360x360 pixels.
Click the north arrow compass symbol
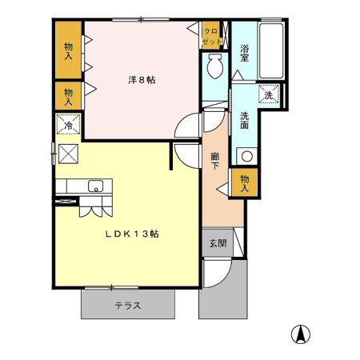click(301, 334)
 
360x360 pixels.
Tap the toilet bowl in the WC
click(215, 66)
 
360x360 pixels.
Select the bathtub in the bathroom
click(271, 50)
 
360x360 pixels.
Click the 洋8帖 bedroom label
click(142, 80)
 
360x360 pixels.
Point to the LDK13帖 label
click(132, 234)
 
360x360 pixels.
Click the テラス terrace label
click(128, 306)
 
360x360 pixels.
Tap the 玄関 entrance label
click(218, 243)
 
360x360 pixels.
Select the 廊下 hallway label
click(215, 161)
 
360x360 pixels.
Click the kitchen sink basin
click(95, 186)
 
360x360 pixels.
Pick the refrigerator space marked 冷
click(68, 124)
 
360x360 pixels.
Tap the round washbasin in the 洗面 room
click(247, 156)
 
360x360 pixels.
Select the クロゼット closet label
click(211, 36)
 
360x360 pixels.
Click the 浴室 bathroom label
click(244, 53)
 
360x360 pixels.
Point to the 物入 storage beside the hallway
click(244, 183)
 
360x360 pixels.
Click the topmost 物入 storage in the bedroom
click(68, 50)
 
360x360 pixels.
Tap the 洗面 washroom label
click(244, 120)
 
